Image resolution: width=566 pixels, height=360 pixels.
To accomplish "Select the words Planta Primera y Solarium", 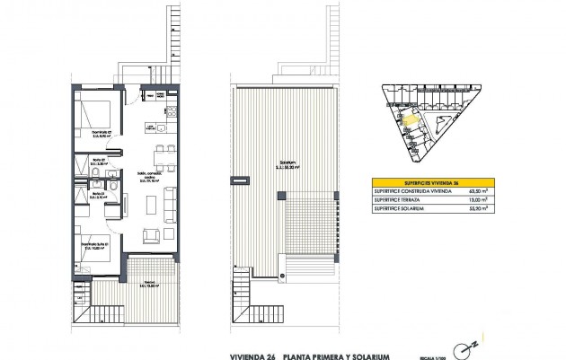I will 328,333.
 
